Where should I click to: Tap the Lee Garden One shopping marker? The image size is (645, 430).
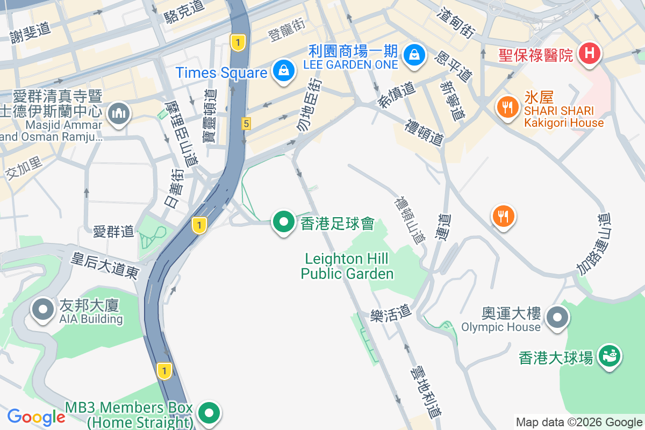415,55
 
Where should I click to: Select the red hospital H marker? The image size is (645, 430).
589,53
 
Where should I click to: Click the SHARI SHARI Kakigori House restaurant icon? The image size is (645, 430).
506,105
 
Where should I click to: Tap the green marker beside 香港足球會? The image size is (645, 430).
283,222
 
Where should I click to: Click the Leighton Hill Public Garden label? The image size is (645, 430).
347,267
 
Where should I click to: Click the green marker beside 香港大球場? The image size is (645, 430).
610,356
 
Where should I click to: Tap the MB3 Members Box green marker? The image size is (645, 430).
209,413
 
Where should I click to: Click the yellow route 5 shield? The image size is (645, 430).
246,124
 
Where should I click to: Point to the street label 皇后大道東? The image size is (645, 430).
105,266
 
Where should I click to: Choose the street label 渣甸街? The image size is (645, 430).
457,23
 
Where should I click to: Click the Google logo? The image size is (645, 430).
37,417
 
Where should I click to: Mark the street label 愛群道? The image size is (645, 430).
113,232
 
